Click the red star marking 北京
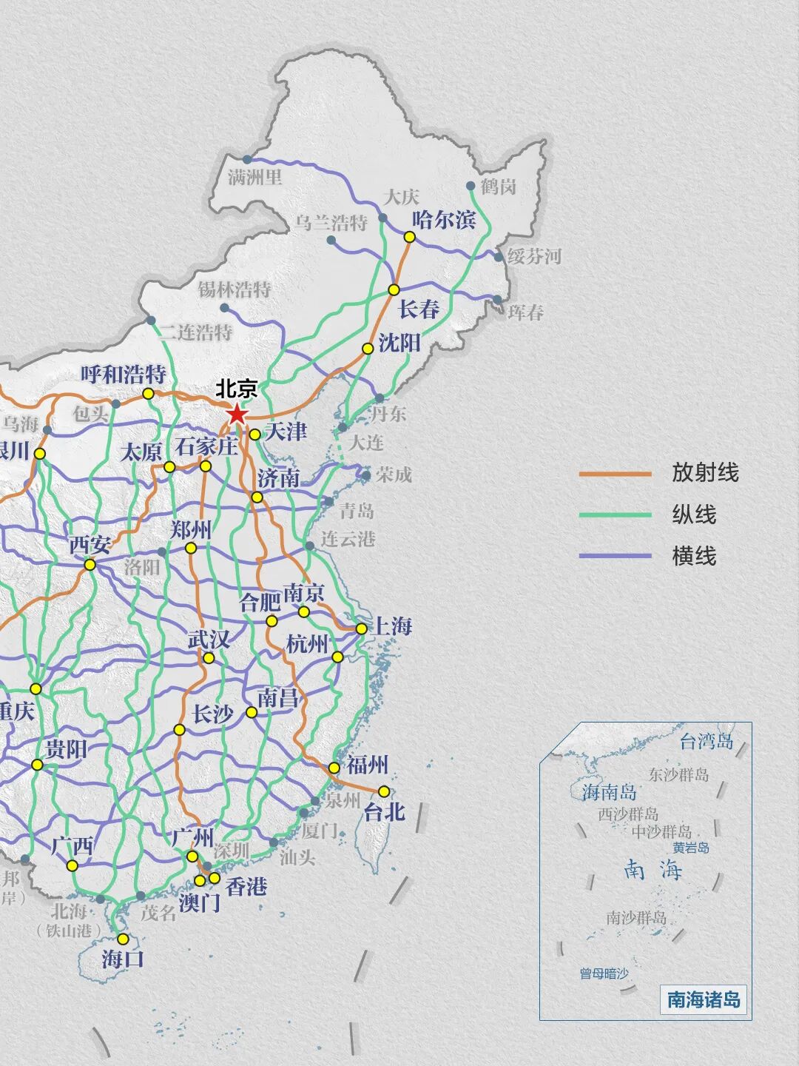237,414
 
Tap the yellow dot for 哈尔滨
409,237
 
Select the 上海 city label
392,626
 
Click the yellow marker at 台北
383,791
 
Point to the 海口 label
123,959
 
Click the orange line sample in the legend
615,474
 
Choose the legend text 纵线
694,514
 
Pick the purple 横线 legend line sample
615,555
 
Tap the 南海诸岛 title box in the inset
704,999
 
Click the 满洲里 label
255,177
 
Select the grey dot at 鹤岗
471,186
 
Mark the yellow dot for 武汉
209,658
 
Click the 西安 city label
90,546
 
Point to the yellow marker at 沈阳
368,348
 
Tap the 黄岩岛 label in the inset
691,848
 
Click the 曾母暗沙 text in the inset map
604,973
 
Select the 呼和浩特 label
124,375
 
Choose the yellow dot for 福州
334,768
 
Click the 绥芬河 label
534,257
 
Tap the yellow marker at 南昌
252,712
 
